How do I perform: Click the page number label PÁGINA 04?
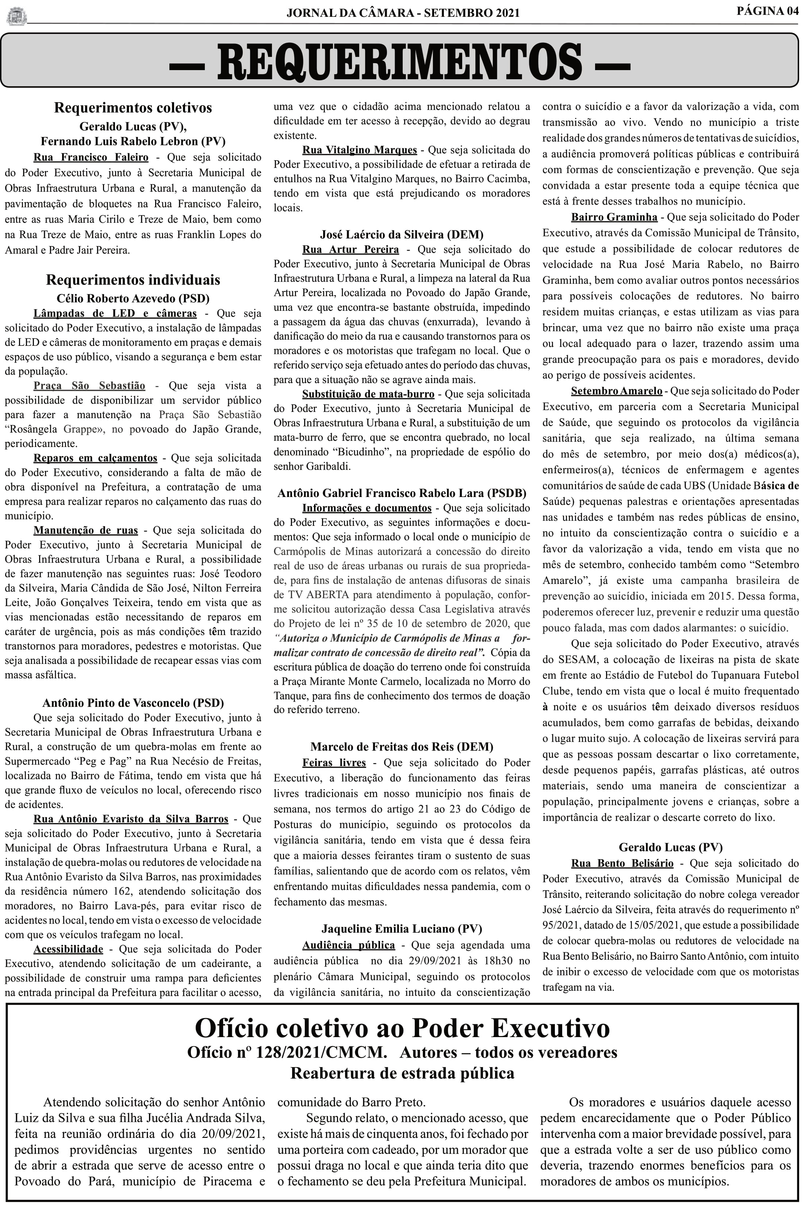point(767,11)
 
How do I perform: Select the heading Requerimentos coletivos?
point(133,108)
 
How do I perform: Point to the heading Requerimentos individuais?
point(133,280)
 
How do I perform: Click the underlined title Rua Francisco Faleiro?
point(91,157)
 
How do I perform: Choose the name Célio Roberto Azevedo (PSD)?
point(133,298)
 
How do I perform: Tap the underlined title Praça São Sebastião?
point(89,386)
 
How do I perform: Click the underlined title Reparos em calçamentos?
point(96,458)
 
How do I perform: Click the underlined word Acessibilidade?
point(68,949)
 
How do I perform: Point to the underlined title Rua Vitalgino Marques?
point(359,150)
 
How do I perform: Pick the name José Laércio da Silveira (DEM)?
point(402,234)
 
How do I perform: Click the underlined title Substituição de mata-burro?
point(368,394)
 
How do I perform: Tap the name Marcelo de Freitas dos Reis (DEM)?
point(402,746)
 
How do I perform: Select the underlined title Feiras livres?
point(334,762)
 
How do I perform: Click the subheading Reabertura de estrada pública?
point(402,1073)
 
